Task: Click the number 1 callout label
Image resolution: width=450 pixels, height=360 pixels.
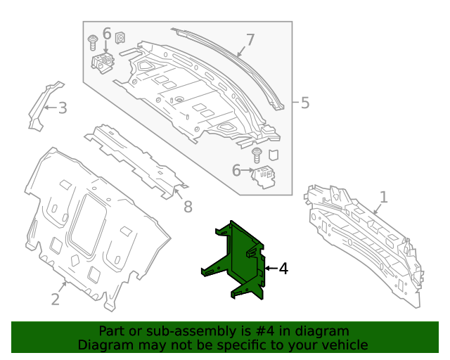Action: [383, 196]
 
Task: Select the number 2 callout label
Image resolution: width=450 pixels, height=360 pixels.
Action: [56, 299]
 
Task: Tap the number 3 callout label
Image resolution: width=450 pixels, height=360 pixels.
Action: [63, 108]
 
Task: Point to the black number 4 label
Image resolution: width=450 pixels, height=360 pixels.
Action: [283, 269]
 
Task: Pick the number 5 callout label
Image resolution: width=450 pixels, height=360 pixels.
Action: [304, 103]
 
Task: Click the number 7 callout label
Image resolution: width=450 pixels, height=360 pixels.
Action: [250, 39]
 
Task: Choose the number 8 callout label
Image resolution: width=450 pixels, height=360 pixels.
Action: [188, 207]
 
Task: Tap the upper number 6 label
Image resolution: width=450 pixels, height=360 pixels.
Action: [107, 34]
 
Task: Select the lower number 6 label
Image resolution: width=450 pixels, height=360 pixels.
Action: [236, 170]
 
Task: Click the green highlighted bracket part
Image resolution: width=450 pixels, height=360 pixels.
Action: [236, 260]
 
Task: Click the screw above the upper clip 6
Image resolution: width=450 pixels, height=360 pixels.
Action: [92, 41]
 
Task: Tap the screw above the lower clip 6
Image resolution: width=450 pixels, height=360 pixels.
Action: [257, 154]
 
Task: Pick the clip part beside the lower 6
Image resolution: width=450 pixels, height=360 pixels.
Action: [264, 177]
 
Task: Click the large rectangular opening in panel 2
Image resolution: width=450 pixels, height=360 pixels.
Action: [89, 223]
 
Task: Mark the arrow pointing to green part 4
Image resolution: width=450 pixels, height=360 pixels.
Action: [270, 269]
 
